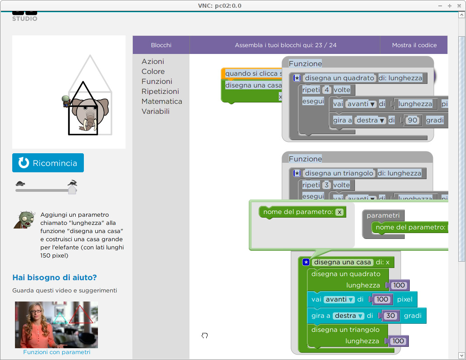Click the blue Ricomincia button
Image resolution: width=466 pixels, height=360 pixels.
[x=48, y=163]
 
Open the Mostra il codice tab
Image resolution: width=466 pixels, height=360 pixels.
[x=414, y=45]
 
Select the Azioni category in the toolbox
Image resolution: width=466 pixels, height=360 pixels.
[x=153, y=62]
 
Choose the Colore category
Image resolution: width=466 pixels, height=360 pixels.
[x=153, y=72]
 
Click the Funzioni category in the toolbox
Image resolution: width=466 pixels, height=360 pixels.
[x=157, y=82]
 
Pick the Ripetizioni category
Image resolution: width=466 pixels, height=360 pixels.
[x=160, y=92]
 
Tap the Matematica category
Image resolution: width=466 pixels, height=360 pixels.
[x=162, y=102]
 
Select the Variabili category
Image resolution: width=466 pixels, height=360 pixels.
[x=155, y=112]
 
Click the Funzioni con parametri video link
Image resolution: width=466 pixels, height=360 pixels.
[x=57, y=352]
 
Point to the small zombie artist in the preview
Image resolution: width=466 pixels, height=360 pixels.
[x=66, y=101]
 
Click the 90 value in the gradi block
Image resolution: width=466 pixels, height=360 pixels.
[x=413, y=121]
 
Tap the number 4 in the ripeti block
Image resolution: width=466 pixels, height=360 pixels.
[x=326, y=90]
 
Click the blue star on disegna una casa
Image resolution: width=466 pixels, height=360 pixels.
[x=306, y=262]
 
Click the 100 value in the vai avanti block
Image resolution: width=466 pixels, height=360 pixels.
[x=382, y=299]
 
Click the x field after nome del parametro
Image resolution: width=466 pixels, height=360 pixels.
[x=339, y=212]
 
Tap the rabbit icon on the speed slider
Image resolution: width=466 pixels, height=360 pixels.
[x=72, y=183]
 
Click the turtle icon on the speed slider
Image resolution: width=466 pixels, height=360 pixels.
[x=20, y=184]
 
